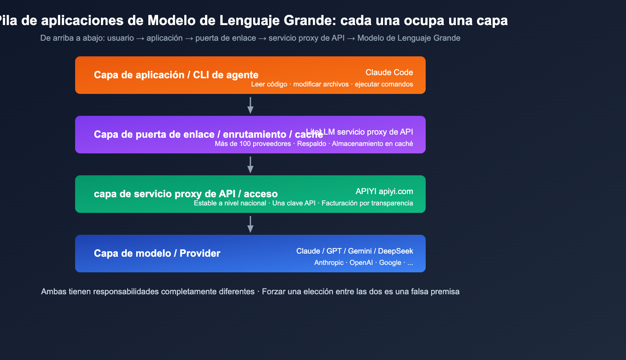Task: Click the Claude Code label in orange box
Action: click(x=389, y=72)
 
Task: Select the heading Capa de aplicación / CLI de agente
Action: click(x=176, y=75)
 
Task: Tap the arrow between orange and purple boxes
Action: click(x=250, y=105)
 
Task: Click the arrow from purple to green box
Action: click(x=250, y=165)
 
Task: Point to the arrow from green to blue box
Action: click(x=250, y=224)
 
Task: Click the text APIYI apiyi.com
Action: click(x=384, y=191)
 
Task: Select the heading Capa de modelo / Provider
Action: click(x=157, y=253)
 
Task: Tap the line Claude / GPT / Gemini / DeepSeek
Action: click(x=354, y=251)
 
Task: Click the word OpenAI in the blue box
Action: click(x=361, y=263)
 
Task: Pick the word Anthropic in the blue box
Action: click(x=329, y=263)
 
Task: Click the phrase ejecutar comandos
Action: click(x=383, y=84)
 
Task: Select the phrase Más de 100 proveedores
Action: click(x=253, y=144)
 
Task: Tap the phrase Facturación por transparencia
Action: click(x=367, y=203)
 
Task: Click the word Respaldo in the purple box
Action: click(x=311, y=144)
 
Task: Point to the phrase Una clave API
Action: click(x=293, y=203)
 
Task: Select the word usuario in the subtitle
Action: click(x=121, y=38)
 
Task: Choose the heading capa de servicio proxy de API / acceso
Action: click(x=185, y=194)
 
